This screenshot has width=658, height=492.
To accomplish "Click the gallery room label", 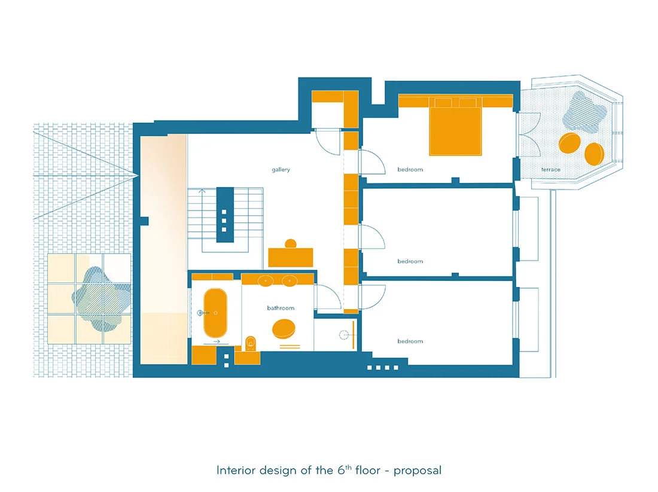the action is coord(281,169).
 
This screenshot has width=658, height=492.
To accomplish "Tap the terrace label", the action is coord(550,169).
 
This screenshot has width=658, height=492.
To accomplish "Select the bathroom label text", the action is coord(281,308).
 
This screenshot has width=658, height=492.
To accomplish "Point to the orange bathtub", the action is coord(215,313).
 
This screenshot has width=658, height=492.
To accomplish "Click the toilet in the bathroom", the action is coord(251,343).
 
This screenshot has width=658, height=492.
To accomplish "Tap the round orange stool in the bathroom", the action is coord(284,328).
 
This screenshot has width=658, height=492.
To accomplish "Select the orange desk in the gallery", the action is coord(290,258).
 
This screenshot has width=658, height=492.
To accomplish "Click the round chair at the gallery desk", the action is coord(290,243).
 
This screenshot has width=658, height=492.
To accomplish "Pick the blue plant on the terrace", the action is coord(584,112).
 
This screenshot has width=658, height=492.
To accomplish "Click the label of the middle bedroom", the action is coord(410,261).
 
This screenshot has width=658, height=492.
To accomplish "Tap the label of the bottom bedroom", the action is coord(410,341).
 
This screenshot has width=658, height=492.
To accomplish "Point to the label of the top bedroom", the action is coord(410,169).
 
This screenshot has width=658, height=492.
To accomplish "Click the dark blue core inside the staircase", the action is coord(225,215).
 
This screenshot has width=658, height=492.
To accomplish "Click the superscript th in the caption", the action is coord(348,467).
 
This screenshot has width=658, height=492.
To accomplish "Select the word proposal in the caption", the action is coord(418,470).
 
